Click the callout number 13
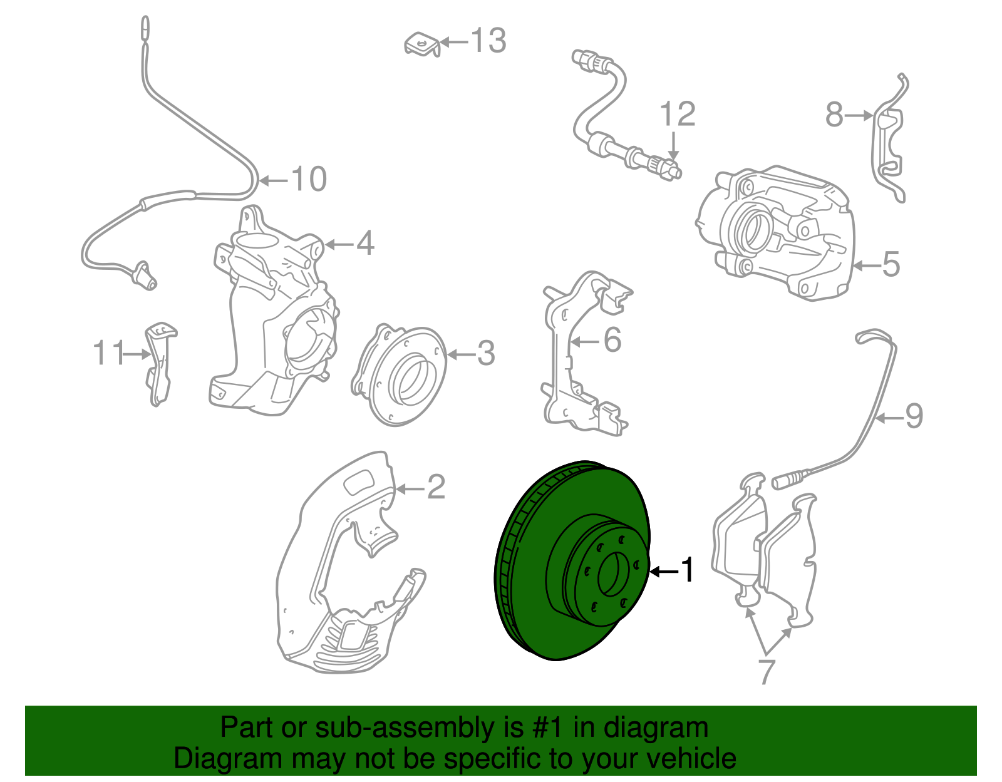[x=489, y=41]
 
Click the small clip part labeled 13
[x=421, y=44]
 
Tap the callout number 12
[x=677, y=115]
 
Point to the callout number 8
[x=834, y=115]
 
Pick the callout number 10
[x=309, y=180]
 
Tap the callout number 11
[x=108, y=353]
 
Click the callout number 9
[x=914, y=416]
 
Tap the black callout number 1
[x=688, y=570]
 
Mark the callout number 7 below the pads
[x=767, y=671]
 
